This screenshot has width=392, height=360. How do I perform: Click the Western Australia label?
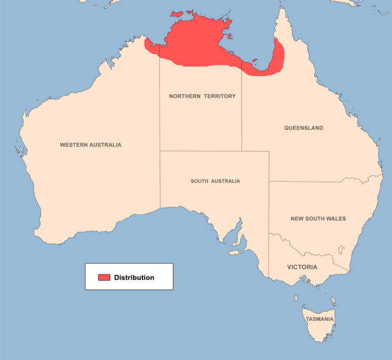point(91,145)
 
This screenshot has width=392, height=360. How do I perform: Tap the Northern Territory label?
point(202,96)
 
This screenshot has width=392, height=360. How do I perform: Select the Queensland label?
point(304,128)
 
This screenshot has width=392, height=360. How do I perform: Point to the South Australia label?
point(215,181)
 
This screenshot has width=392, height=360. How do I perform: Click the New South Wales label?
point(318,218)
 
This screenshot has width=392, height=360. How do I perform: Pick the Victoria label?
point(302,267)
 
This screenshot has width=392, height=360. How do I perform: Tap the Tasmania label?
point(319,319)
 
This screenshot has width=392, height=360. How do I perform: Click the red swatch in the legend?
point(104,277)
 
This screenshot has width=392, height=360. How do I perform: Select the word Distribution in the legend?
point(134,277)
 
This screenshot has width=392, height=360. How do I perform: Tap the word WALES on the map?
point(336,218)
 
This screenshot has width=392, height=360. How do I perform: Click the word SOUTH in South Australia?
point(200,181)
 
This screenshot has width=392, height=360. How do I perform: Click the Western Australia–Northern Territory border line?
point(159,108)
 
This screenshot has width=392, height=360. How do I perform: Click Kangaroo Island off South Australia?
point(236,253)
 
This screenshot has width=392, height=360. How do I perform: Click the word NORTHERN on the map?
point(184,96)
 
